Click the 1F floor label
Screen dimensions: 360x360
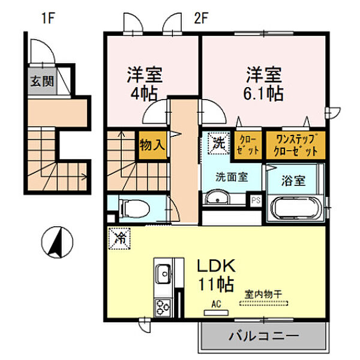48,19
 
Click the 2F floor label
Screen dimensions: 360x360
201,19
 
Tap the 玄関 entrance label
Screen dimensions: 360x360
42,81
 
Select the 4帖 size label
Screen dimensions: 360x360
144,94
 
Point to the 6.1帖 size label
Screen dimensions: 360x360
263,94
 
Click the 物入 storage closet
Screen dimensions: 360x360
152,145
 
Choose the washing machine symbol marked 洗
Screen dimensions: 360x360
218,143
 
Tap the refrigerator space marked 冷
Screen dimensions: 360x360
119,238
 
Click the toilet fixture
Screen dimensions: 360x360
134,208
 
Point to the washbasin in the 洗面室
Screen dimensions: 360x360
217,197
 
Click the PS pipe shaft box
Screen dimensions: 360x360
256,200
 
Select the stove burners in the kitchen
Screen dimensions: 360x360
163,308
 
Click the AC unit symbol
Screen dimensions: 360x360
216,313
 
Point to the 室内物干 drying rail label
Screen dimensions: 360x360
263,295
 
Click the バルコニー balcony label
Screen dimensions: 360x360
264,336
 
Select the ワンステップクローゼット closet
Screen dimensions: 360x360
295,145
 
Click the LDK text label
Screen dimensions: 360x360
217,266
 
